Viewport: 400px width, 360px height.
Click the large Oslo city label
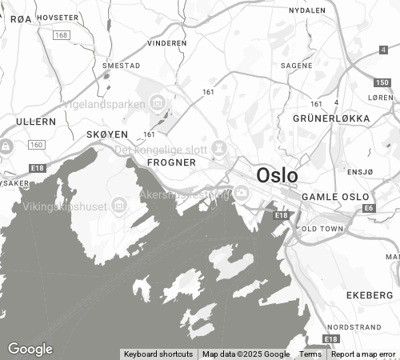point(277,175)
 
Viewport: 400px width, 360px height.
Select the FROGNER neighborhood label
point(172,162)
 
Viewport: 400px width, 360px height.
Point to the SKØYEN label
point(107,135)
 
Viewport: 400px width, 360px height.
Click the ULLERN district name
point(35,122)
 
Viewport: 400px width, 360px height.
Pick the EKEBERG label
point(370,295)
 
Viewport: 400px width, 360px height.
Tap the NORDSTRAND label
point(354,327)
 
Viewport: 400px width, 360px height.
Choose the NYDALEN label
point(307,11)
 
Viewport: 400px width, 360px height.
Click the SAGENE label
point(296,66)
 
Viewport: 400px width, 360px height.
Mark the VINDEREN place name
point(167,43)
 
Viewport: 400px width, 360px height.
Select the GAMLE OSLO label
point(335,197)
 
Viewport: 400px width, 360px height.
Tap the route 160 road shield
point(36,145)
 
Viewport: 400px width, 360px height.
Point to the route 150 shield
point(382,82)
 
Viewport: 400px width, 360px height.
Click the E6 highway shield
point(369,208)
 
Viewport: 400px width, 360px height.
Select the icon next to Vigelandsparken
point(157,103)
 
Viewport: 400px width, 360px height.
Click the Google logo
point(30,349)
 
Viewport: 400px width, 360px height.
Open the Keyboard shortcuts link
point(158,354)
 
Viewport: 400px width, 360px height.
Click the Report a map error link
point(363,354)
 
